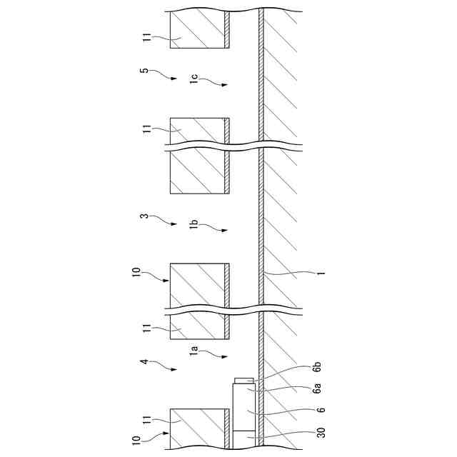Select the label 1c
tap(194, 79)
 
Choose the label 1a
tap(194, 351)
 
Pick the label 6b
tap(317, 367)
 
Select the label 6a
tap(317, 388)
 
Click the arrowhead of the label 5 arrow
tap(175, 79)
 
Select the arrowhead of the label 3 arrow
tap(175, 224)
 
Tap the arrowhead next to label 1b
tap(226, 230)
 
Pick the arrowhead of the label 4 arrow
tap(175, 370)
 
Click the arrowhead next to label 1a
tap(226, 356)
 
